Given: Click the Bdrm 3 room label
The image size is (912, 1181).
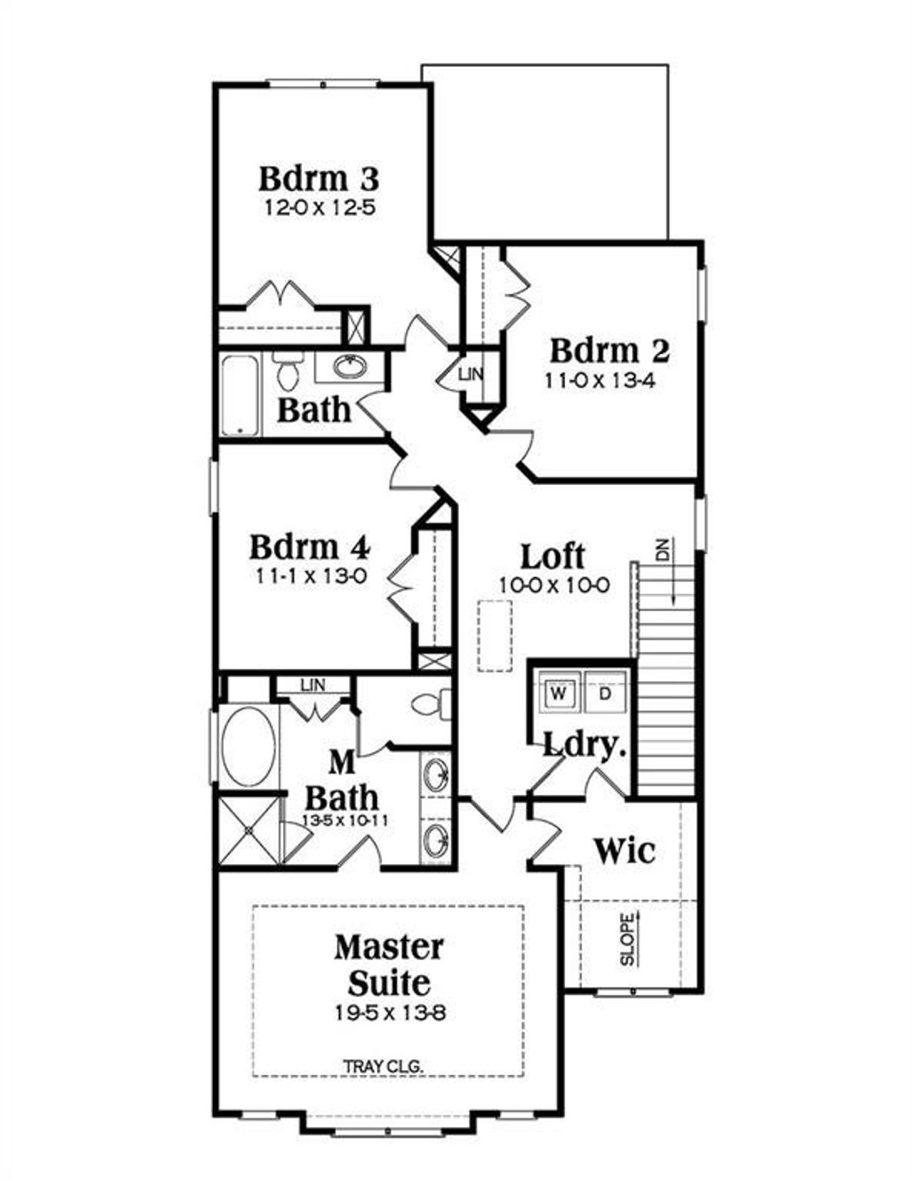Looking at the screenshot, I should coord(318,179).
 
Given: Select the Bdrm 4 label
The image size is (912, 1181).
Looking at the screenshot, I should coord(310,548).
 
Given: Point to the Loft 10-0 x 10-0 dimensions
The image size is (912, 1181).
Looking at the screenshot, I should coord(554,586).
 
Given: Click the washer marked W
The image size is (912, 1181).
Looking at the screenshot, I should coord(560,693).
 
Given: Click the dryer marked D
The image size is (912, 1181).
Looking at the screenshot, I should coord(605,693).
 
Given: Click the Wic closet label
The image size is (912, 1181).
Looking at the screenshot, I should coord(625,850).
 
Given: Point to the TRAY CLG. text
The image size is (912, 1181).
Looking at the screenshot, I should coord(383,1066).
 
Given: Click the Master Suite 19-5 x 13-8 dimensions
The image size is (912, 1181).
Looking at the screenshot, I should coord(390,1012).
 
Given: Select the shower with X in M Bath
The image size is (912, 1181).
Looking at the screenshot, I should coord(248,831).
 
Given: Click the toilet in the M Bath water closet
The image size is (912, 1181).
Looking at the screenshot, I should coord(430,704).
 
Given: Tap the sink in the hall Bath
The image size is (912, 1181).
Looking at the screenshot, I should coord(350,367).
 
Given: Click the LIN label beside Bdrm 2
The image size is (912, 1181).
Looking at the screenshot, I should coord(470,374).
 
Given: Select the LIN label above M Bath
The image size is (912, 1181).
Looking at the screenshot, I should coord(312,685).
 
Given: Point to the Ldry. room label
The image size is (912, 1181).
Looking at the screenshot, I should coord(584,745).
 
